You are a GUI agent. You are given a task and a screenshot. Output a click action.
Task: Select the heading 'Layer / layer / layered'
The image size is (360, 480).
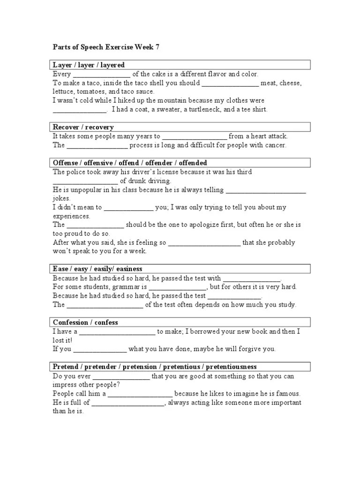tap(89, 65)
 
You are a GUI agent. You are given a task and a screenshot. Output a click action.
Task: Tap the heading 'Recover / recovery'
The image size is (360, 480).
tap(83, 127)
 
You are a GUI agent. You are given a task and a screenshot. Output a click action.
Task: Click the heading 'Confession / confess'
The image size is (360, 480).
tap(85, 322)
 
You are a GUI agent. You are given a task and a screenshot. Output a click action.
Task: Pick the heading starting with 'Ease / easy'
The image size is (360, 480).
tap(97, 269)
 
